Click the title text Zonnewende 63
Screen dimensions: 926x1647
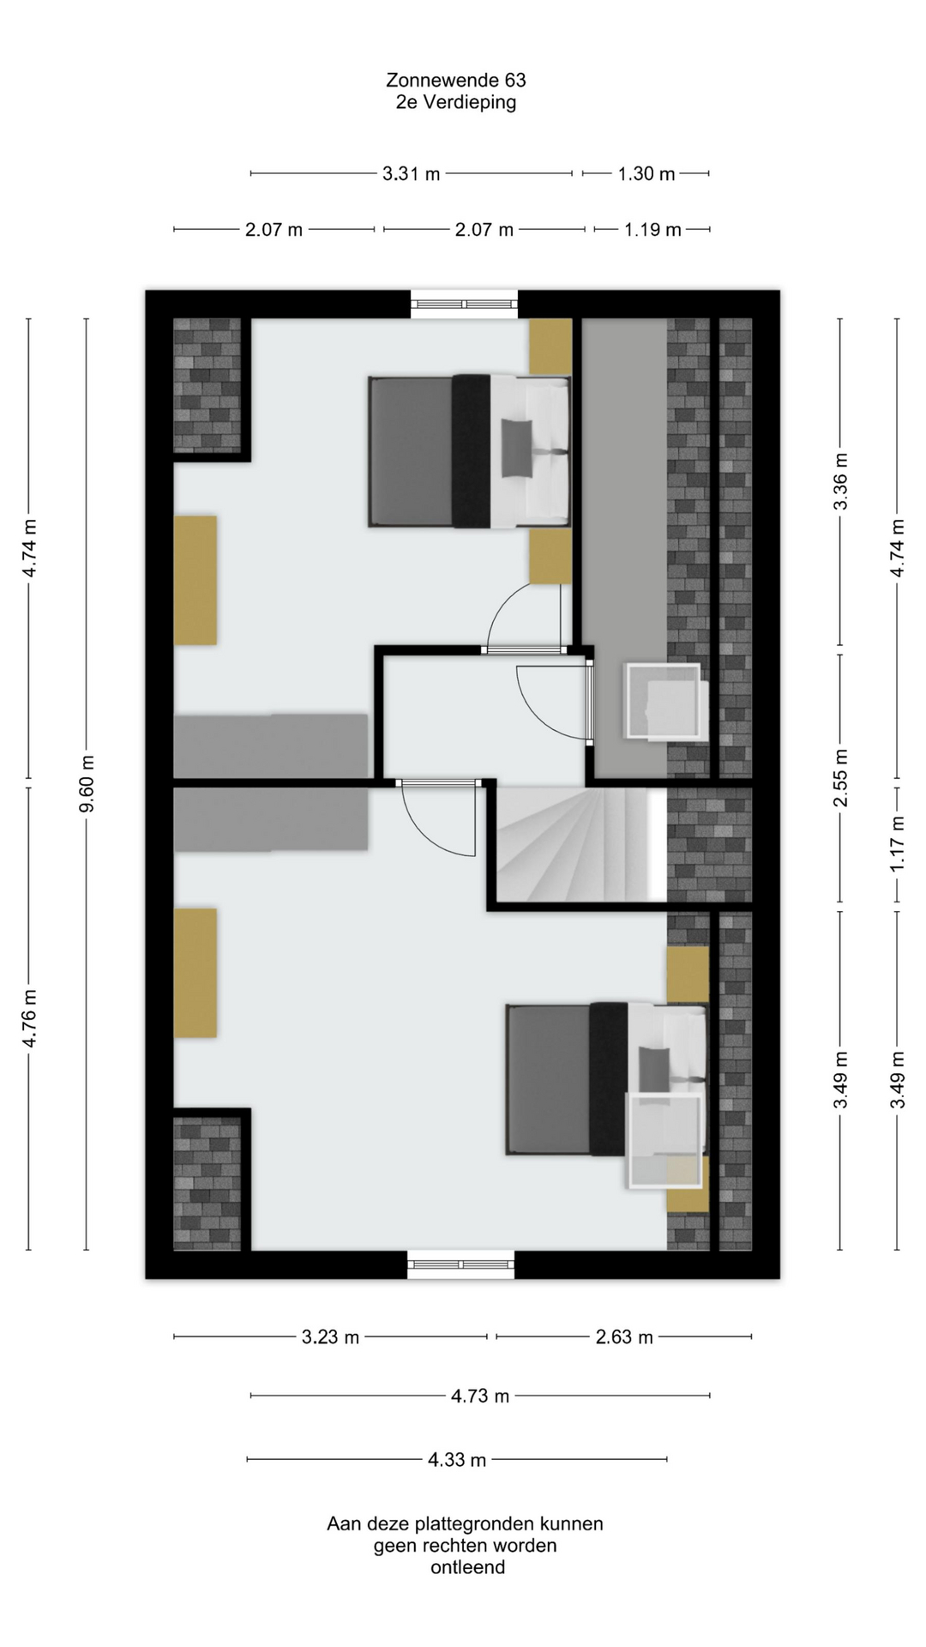click(456, 80)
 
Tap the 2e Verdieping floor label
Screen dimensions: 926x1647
click(456, 102)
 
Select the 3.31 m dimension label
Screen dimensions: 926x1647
click(412, 174)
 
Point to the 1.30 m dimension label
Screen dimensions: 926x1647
click(646, 174)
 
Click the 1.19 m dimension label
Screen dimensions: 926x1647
click(652, 230)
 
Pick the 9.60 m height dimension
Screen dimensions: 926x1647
click(87, 784)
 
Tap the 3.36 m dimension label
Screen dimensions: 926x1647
click(841, 481)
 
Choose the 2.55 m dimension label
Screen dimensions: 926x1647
click(841, 778)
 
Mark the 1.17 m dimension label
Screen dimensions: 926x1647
click(898, 844)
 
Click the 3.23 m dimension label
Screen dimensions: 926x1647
click(330, 1337)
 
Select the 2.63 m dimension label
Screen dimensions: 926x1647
click(624, 1337)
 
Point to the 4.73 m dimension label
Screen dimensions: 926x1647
click(480, 1397)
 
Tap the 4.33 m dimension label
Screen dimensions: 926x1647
click(457, 1460)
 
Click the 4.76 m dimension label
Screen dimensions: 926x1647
click(30, 1018)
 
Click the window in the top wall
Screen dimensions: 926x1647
click(464, 305)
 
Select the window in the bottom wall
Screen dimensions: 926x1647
click(461, 1264)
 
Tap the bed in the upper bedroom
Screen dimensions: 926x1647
click(470, 450)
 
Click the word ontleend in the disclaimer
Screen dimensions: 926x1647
click(467, 1567)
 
